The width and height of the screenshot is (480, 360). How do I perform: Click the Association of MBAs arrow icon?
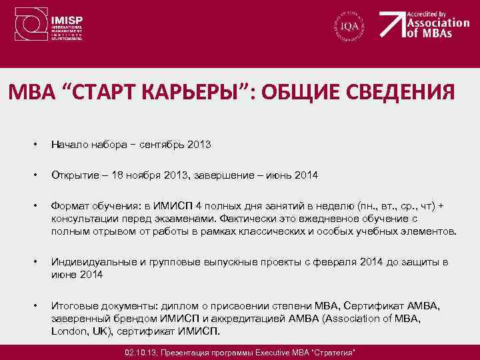(392, 25)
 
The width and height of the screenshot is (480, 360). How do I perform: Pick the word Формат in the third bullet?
(70, 206)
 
